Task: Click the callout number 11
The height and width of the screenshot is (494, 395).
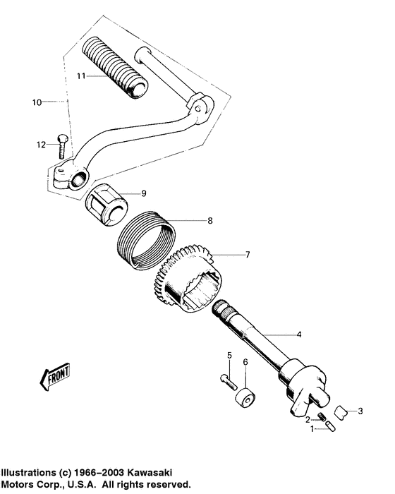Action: [81, 76]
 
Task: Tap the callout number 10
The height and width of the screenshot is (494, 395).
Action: [37, 102]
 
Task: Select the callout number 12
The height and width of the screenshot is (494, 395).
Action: [42, 145]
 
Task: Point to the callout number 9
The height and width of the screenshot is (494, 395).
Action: [144, 193]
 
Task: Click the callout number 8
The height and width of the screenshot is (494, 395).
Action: [210, 221]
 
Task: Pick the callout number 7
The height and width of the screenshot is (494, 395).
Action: [248, 254]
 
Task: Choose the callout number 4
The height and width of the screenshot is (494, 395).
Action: [299, 335]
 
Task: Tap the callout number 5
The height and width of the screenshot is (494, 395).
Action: [229, 356]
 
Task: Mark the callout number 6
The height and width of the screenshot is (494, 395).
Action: [245, 362]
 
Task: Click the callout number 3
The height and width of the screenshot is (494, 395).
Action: [360, 411]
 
